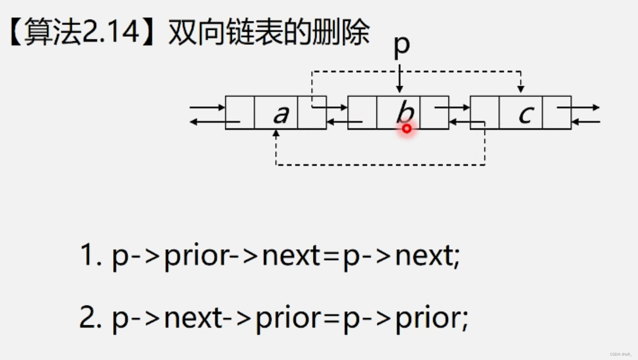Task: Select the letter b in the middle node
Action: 404,112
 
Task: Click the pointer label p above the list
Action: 402,45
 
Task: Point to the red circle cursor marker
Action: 407,129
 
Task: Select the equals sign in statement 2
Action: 331,319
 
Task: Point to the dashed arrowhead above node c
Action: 520,89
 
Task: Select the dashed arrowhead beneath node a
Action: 276,133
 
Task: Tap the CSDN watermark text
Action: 620,354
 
